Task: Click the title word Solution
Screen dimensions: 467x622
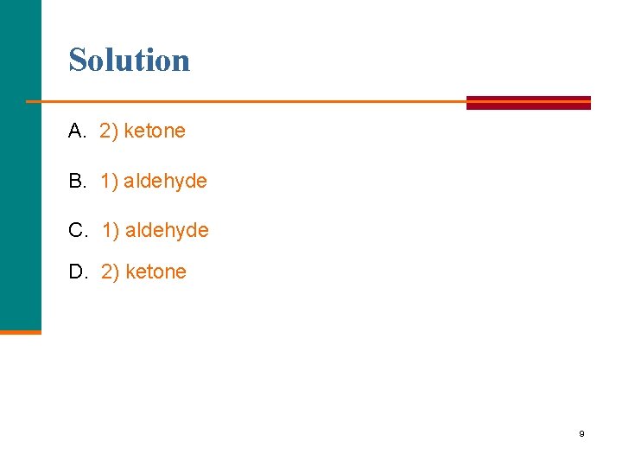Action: tap(130, 61)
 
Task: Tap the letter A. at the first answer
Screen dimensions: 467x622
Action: tap(78, 131)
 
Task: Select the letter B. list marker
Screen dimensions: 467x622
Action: tap(78, 181)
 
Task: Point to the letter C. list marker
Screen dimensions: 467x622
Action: tap(79, 230)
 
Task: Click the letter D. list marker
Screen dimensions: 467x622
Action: tap(79, 272)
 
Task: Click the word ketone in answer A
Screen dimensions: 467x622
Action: tap(155, 131)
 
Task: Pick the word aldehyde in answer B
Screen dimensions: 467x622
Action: tap(165, 181)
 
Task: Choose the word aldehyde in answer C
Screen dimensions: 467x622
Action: tap(167, 230)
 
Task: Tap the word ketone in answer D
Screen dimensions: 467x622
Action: tap(155, 272)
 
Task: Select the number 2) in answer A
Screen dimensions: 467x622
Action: tap(109, 131)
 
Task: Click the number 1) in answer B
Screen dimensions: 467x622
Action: tap(110, 181)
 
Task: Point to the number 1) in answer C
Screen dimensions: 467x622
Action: tap(111, 230)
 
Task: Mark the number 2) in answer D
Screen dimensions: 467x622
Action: tap(111, 272)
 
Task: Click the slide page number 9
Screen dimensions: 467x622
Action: tap(581, 433)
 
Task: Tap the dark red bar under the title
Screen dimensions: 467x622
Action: tap(528, 102)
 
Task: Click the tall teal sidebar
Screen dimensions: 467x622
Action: tap(20, 164)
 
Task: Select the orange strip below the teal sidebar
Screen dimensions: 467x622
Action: tap(20, 331)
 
